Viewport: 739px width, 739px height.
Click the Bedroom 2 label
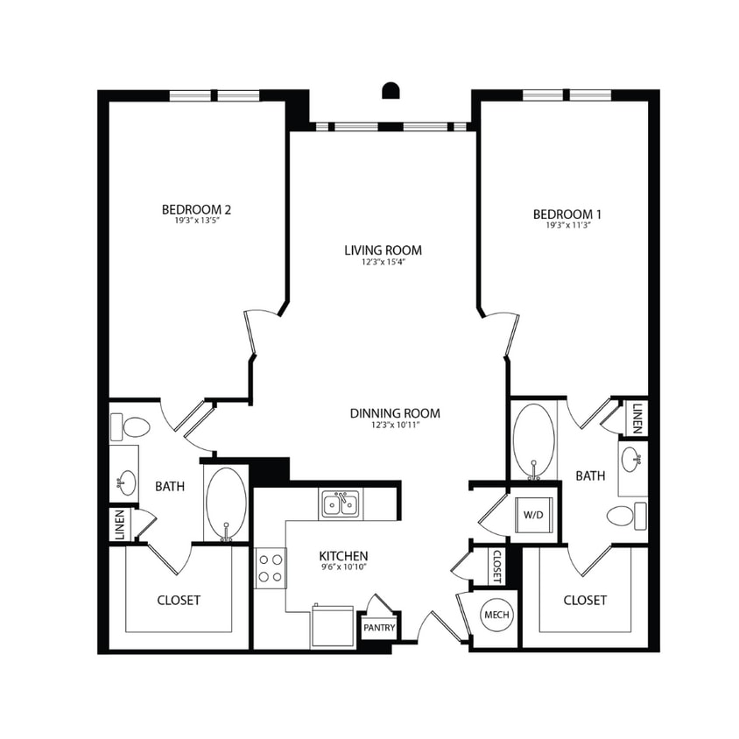196,210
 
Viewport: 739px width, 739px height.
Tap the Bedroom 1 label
567,214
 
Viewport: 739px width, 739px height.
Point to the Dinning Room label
394,413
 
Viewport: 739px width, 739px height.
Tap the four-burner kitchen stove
270,567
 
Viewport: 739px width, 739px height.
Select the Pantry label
379,628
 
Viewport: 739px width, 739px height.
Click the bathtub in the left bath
226,503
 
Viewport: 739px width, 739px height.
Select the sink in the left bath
125,481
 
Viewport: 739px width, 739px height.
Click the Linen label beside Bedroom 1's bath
638,418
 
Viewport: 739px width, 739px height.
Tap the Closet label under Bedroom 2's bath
179,601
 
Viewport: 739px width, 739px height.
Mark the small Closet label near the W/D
496,566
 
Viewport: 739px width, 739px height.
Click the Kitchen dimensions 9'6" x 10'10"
342,568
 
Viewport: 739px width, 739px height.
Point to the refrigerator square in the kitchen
333,626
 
